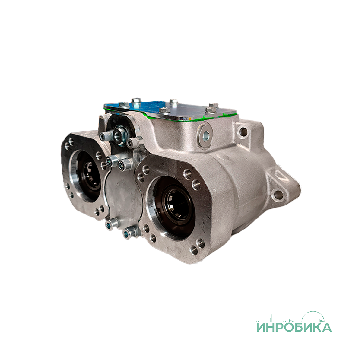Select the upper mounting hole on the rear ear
pos(243,130)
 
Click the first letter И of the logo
pos(262,327)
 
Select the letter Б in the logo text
pos(298,327)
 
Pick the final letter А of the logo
pos(326,327)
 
